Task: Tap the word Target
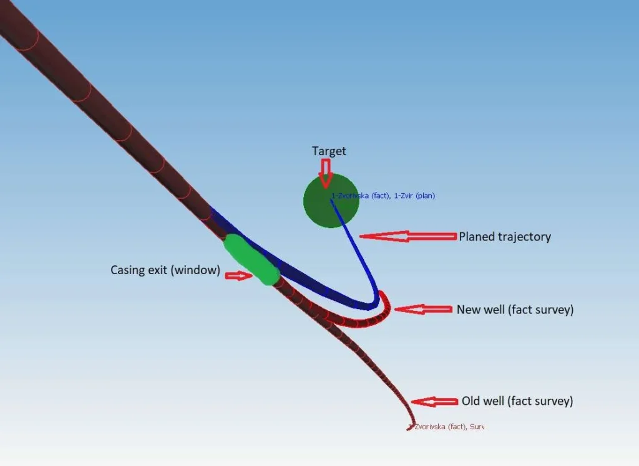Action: point(329,151)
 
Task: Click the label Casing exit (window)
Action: point(165,270)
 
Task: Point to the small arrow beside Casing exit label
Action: point(238,275)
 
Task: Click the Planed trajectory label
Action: point(505,237)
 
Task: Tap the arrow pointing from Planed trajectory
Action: point(408,236)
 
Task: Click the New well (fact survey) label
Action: point(515,309)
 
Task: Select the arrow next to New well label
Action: point(423,309)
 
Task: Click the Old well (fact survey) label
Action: point(517,401)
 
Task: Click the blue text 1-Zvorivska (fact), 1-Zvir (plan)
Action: point(383,196)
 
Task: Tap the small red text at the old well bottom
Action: point(447,427)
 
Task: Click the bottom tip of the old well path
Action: point(411,427)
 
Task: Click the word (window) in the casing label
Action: point(200,270)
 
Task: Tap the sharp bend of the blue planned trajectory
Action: point(374,304)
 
